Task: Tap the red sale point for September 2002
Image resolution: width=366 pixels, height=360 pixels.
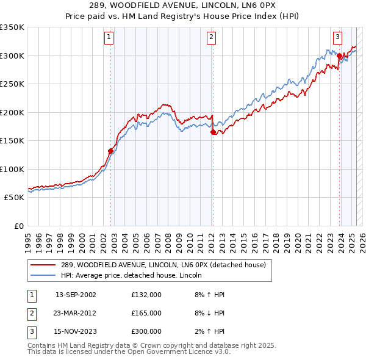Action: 111,151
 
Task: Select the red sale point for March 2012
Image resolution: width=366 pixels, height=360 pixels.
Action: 213,132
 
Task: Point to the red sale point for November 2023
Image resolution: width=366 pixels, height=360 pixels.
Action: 339,56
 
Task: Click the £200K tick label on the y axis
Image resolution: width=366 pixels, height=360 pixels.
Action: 12,112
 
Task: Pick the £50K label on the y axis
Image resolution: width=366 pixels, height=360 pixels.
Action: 14,198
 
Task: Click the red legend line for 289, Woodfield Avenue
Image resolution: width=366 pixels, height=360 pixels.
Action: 43,265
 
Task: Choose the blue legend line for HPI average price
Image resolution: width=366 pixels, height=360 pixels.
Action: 43,276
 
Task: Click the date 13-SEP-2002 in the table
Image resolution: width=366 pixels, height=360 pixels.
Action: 76,295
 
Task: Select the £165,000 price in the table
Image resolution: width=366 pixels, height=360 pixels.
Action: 146,313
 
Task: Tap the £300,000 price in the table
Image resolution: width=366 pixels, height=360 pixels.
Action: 146,331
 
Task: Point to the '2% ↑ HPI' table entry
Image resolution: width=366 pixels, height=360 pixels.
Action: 210,331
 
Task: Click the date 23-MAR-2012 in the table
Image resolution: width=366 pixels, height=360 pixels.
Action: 76,313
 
